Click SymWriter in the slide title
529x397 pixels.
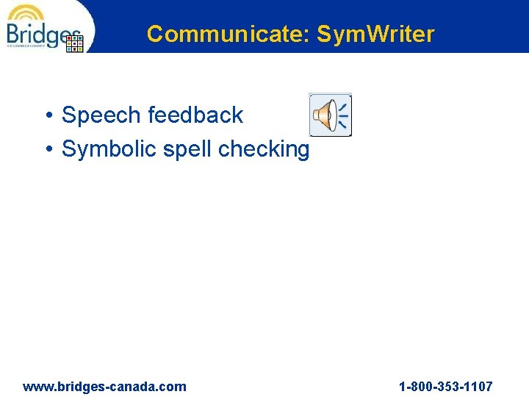click(x=375, y=34)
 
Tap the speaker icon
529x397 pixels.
click(x=330, y=115)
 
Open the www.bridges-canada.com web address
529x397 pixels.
click(x=104, y=387)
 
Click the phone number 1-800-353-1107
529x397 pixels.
click(x=445, y=387)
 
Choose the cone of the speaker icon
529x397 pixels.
click(x=323, y=115)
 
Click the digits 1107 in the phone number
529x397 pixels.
click(x=478, y=387)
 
